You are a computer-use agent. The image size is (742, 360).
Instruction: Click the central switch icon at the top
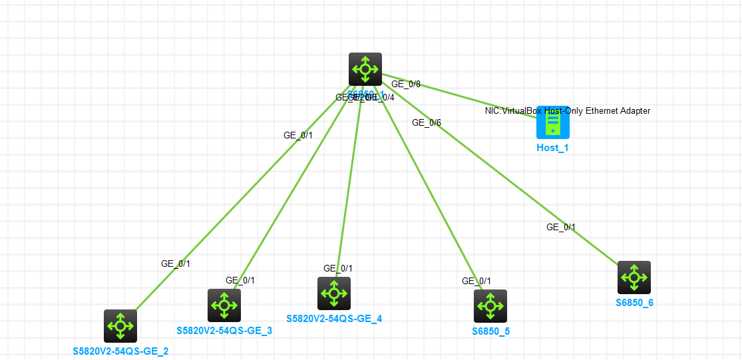coord(365,69)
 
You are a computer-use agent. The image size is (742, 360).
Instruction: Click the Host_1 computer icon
coord(553,122)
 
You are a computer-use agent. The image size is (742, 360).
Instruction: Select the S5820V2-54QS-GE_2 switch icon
coord(120,326)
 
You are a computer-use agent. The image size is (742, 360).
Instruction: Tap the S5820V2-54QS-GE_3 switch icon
coord(224,305)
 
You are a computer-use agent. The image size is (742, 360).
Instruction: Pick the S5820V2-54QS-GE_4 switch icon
coord(334,293)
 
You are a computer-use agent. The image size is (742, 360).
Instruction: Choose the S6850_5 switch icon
coord(490,306)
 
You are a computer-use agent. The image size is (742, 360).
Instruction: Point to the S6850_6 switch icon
coord(634,277)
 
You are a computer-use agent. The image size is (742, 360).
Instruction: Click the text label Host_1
coord(552,148)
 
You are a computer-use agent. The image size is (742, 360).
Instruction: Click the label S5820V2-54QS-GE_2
coord(120,351)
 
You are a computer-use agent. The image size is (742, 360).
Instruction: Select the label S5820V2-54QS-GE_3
coord(224,331)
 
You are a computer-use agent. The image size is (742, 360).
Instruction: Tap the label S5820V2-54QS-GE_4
coord(334,319)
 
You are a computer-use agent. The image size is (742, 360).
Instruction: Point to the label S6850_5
coord(491,331)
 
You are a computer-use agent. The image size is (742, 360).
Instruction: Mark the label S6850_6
coord(634,303)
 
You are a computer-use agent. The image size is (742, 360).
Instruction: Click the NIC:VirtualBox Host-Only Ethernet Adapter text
coord(568,111)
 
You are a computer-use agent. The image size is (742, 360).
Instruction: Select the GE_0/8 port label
coord(406,85)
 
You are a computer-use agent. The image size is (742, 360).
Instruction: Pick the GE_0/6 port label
coord(427,122)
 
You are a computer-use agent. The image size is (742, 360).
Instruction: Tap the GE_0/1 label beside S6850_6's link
coord(561,227)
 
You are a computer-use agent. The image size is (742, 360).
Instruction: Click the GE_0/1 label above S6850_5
coord(476,281)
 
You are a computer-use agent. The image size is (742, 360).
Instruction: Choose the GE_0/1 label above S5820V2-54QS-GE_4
coord(338,268)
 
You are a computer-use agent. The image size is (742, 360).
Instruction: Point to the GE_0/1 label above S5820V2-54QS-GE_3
coord(240,280)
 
